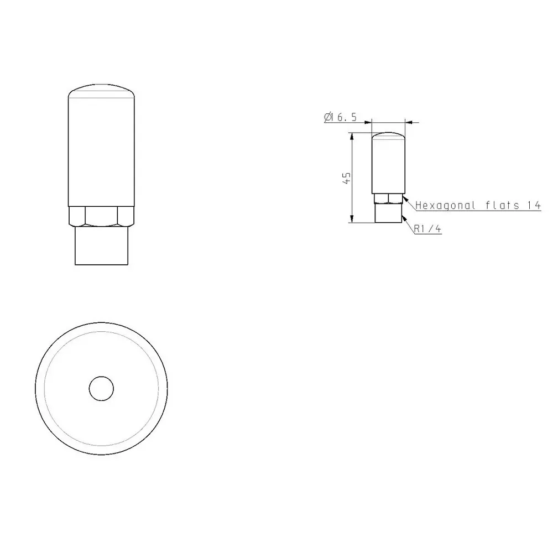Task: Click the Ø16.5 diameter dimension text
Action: point(339,117)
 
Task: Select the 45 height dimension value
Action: point(347,178)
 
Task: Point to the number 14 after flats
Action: point(533,206)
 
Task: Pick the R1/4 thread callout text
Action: point(427,228)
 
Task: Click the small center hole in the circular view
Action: point(101,388)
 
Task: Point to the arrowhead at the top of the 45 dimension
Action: point(351,136)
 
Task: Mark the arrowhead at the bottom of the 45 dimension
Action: point(351,220)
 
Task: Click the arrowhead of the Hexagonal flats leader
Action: point(405,197)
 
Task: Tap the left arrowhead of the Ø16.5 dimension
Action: point(369,122)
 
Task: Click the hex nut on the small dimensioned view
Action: point(389,198)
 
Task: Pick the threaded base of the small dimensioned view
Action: point(389,213)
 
